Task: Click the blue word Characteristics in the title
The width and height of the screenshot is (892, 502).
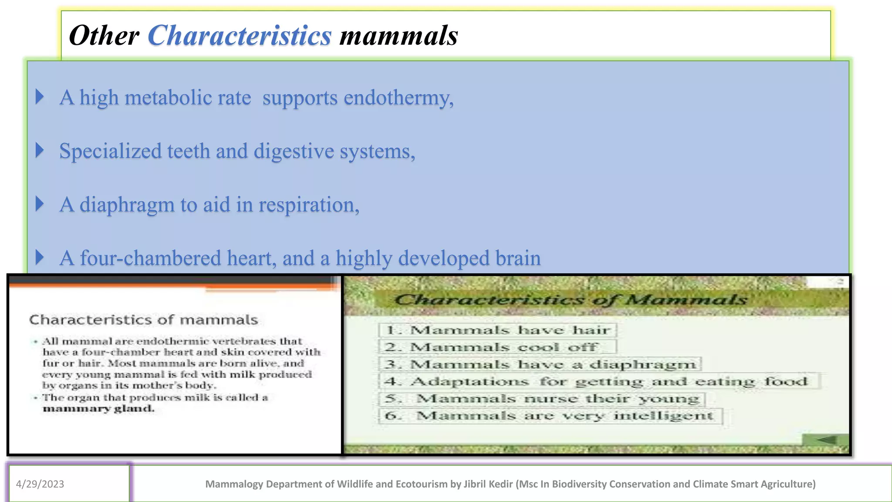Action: pos(240,35)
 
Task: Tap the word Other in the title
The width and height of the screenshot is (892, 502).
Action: pos(104,35)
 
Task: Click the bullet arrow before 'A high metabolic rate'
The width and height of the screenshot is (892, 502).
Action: pos(40,97)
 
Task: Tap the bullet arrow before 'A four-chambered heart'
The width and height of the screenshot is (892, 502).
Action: pos(40,258)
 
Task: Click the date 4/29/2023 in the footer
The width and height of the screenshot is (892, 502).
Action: pos(40,484)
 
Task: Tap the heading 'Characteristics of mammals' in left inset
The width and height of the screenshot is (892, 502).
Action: pos(144,320)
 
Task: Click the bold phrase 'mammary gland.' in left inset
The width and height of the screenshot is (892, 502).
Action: pos(98,409)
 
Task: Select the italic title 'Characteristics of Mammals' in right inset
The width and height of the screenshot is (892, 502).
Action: pos(571,300)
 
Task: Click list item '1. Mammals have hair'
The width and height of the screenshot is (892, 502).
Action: pos(497,330)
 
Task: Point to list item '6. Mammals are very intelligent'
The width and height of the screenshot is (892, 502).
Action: pos(550,416)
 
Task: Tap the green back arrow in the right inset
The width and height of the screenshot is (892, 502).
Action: pos(826,440)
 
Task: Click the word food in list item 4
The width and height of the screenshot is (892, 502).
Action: pos(786,382)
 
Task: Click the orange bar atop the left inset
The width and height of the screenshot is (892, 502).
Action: pos(174,284)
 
